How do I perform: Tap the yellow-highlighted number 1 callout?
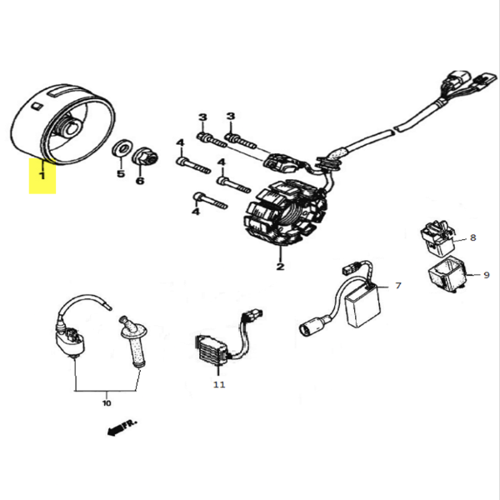42,176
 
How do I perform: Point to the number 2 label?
280,267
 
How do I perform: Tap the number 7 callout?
397,286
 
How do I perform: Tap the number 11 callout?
218,385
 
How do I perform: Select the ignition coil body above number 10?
69,337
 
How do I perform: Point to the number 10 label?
106,403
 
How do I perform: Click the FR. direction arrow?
121,428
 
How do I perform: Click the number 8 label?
472,237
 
